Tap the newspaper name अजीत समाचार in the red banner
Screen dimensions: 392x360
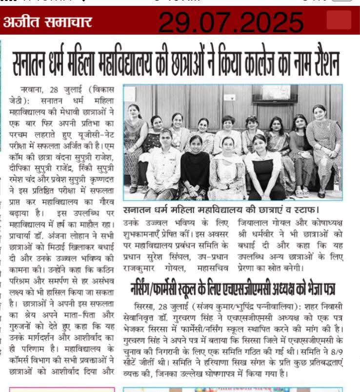point(48,22)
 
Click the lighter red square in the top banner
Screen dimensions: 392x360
point(339,21)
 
